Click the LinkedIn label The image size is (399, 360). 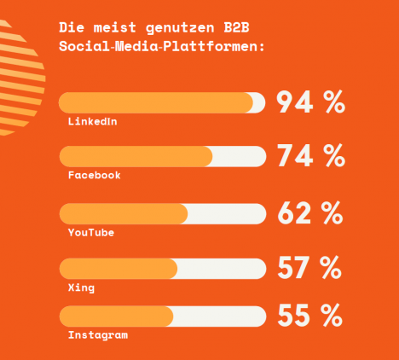(92, 121)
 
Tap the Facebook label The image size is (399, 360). (95, 175)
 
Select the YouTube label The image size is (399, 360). (91, 232)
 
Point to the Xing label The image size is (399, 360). (81, 287)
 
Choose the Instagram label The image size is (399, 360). (98, 334)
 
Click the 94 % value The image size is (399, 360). (311, 102)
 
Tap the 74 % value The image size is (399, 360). (311, 155)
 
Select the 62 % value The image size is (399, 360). (310, 212)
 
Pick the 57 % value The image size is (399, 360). (309, 267)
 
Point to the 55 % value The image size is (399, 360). (310, 315)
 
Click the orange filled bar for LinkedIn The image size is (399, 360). (156, 102)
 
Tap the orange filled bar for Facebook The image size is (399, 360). (136, 156)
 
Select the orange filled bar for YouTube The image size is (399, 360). (124, 214)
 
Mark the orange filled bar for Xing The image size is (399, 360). (119, 269)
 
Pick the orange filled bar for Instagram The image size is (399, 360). (116, 316)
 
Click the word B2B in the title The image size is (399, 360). (236, 27)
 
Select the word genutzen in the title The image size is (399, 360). (180, 28)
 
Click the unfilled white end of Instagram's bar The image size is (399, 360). (219, 316)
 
